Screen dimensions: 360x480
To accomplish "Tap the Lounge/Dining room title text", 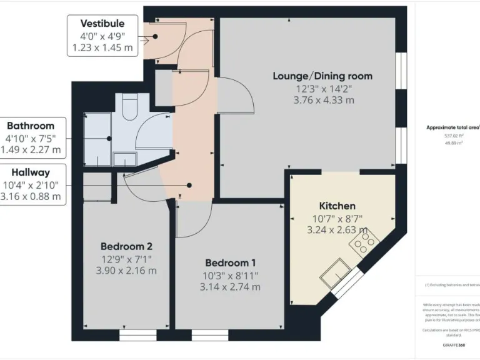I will pyautogui.click(x=322, y=76).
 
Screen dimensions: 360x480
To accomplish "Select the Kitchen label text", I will pyautogui.click(x=337, y=206).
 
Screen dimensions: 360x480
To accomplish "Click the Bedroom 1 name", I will pyautogui.click(x=229, y=263).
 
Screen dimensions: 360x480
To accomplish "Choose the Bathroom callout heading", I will pyautogui.click(x=30, y=126).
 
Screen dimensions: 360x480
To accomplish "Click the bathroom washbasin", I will pyautogui.click(x=124, y=160).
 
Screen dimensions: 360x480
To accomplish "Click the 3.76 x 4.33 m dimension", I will pyautogui.click(x=322, y=100).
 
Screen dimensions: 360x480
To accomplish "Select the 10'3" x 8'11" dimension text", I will pyautogui.click(x=229, y=275).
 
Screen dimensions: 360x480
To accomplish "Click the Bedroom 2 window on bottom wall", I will pyautogui.click(x=133, y=336).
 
